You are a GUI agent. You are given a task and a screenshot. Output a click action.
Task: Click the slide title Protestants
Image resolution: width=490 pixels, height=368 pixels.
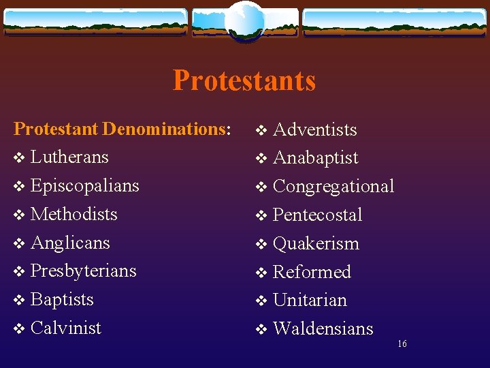coord(244,80)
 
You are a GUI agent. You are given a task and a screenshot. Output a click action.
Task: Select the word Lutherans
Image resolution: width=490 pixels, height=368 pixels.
coord(69,157)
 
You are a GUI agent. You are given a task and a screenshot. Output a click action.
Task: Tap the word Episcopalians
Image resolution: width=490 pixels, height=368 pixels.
coord(85,185)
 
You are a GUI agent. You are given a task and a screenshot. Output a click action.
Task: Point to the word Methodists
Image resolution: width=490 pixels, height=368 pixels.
coord(74,214)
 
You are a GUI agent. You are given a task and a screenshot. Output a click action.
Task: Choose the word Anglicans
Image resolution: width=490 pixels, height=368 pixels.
coord(70,243)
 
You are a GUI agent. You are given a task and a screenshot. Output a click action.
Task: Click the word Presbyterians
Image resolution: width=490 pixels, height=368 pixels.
coord(84,271)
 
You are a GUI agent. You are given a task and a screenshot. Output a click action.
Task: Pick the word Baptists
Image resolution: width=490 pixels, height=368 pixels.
coord(62,299)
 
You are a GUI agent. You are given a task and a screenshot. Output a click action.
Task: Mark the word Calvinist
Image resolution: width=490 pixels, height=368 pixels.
coord(66,328)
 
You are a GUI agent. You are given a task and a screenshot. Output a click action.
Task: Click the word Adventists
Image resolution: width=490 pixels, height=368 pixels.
coord(314,129)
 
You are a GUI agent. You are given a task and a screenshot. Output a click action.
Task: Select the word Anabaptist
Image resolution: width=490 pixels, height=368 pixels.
coord(315,158)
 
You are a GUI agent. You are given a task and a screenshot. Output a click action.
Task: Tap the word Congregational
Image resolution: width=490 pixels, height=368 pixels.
coord(333,187)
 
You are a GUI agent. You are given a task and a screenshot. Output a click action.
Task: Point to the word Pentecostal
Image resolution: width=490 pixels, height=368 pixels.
coord(317,215)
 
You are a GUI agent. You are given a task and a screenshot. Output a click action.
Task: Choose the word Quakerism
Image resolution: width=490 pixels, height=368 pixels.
coord(316,244)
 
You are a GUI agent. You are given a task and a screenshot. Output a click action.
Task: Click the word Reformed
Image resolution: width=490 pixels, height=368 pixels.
coord(312,272)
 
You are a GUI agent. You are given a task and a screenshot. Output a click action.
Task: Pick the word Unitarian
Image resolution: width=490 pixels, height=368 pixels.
coord(310,300)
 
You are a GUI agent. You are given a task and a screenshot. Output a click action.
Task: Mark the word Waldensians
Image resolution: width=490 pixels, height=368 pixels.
coord(323,328)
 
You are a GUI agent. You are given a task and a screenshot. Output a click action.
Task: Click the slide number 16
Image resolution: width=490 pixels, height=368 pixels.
coord(402,344)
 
